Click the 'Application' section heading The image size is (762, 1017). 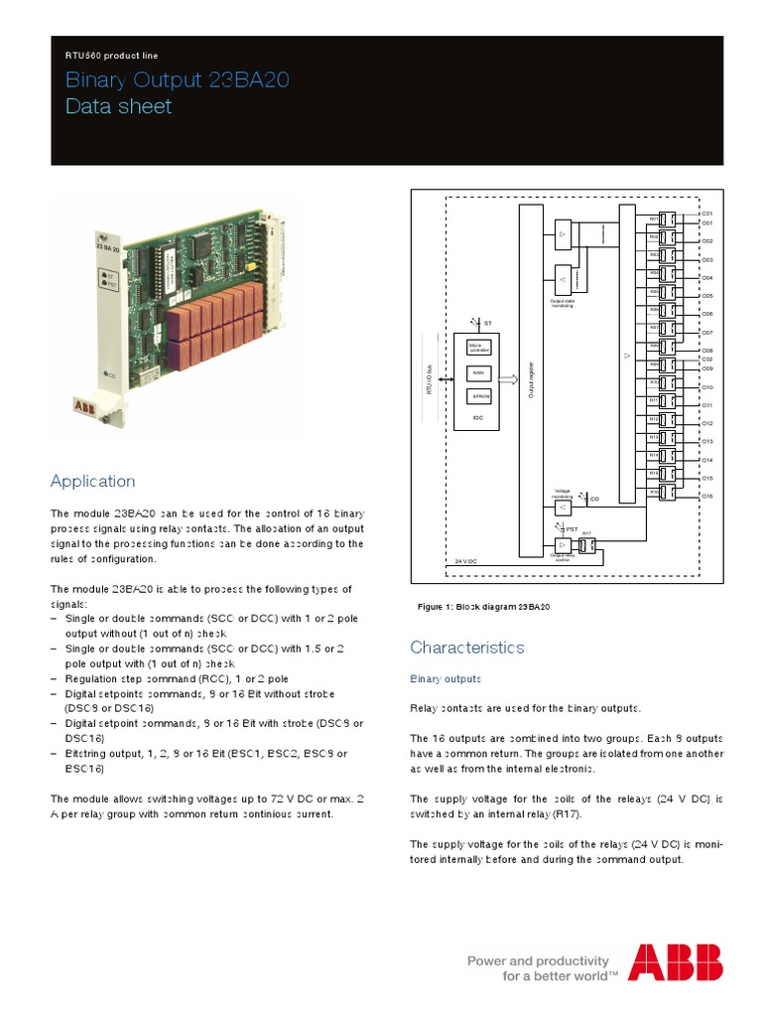pos(92,482)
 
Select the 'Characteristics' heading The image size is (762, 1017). pos(466,648)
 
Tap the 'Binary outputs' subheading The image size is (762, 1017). pos(445,679)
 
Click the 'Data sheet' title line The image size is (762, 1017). pos(118,106)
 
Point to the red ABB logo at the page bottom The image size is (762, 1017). pos(675,962)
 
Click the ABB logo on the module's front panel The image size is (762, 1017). pos(86,406)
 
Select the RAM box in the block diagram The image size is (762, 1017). pos(477,372)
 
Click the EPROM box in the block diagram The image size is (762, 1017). pos(477,396)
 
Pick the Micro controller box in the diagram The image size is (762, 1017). pos(477,348)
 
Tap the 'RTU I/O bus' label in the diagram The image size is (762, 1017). pos(429,377)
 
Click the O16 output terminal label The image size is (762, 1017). pos(707,496)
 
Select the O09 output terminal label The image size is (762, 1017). pos(707,368)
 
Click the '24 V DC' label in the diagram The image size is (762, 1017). pos(466,562)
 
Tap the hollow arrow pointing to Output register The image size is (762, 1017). pos(507,378)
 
